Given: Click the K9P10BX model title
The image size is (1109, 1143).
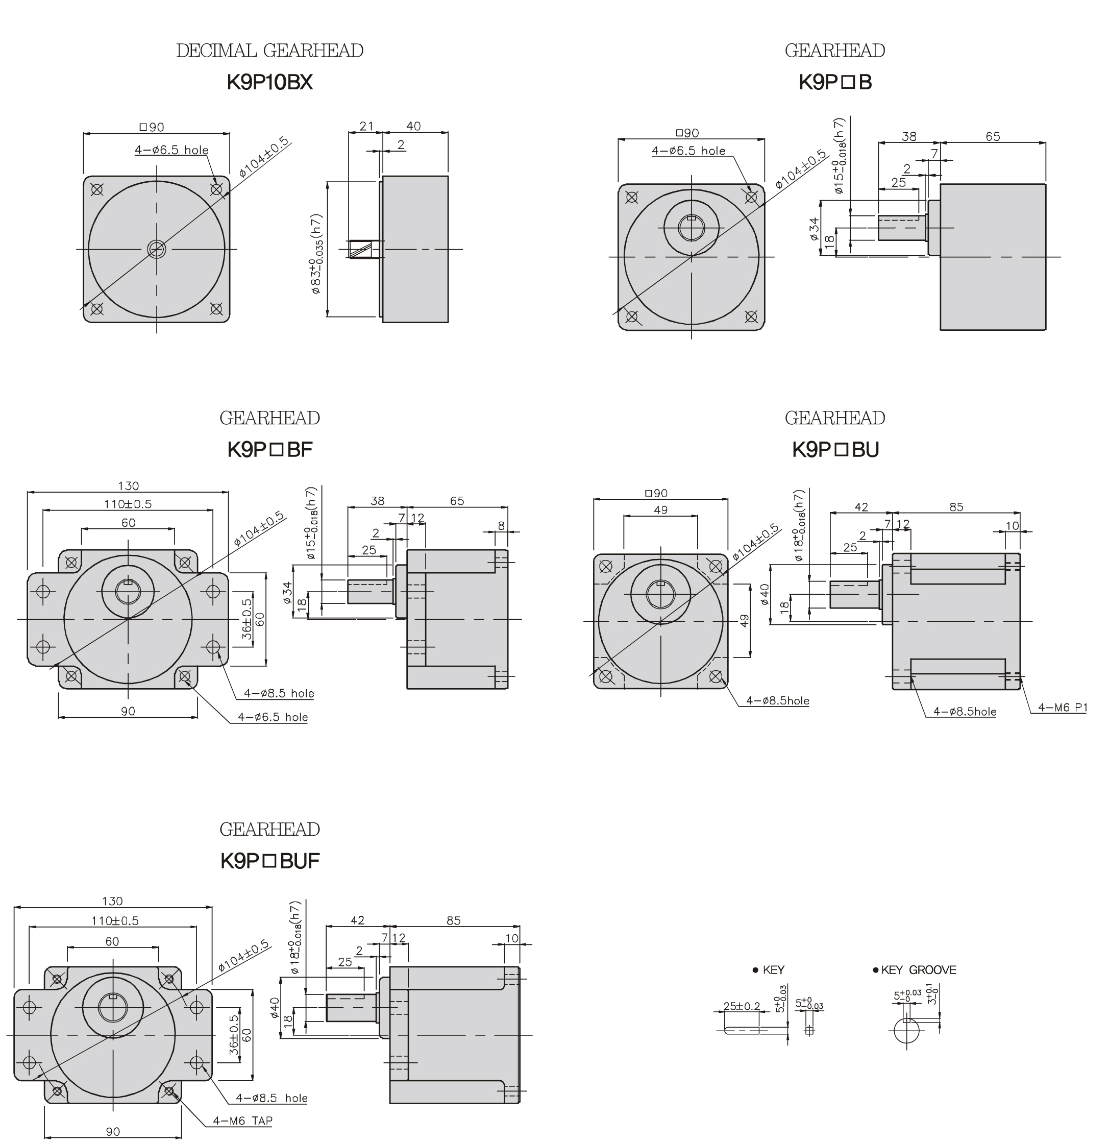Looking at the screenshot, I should [269, 82].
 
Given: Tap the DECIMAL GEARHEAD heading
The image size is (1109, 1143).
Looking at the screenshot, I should [269, 51].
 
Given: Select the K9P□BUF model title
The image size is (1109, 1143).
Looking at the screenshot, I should [269, 861].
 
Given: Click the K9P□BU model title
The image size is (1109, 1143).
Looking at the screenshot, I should [835, 450].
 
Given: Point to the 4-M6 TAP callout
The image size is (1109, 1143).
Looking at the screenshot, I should [242, 1120].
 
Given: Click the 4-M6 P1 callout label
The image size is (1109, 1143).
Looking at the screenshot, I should [1063, 708].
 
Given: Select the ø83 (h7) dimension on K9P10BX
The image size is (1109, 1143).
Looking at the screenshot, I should [316, 254].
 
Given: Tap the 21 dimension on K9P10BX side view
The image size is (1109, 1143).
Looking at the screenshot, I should [366, 126].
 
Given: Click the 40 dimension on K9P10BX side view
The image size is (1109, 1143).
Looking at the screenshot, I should [413, 126].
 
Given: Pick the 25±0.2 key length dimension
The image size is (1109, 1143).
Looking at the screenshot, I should [741, 1006].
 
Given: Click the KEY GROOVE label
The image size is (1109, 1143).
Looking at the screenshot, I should [918, 970].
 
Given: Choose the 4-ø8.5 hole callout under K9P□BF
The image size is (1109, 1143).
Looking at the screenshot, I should [279, 693].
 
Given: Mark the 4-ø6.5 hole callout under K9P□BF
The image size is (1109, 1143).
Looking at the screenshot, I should [273, 717].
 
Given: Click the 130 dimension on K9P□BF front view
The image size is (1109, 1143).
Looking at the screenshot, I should [128, 486].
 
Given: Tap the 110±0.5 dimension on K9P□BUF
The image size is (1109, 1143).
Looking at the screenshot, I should [115, 920].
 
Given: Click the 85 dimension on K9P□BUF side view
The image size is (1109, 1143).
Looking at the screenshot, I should [453, 920].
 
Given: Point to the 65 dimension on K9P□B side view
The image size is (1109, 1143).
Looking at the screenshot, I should [993, 136].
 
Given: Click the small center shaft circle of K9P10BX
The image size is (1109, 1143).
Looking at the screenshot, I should [156, 249].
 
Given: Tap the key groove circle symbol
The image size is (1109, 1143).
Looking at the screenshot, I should [906, 1031].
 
